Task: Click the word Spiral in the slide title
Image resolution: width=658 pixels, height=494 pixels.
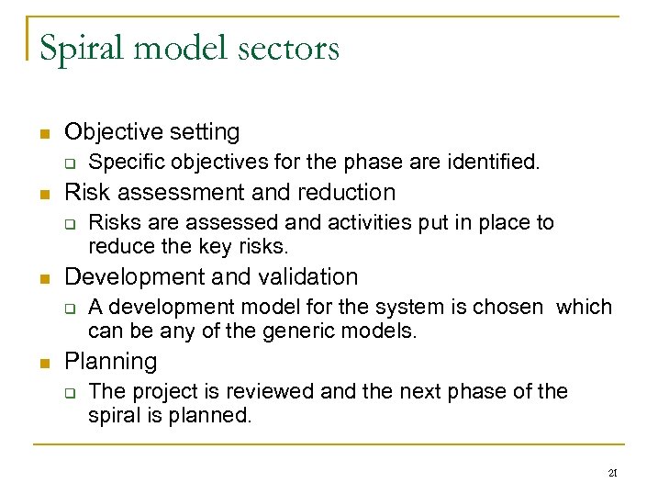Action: click(84, 48)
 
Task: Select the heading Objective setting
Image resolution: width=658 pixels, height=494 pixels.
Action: click(151, 132)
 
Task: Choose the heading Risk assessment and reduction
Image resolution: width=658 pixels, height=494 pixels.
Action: click(229, 192)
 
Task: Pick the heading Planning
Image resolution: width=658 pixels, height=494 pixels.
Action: click(110, 361)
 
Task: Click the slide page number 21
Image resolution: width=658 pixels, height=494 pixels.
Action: click(611, 474)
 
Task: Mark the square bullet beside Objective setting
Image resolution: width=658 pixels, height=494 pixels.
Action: click(43, 134)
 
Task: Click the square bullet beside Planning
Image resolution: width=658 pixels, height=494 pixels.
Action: click(43, 363)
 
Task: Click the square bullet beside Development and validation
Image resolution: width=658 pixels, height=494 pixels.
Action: click(43, 278)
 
